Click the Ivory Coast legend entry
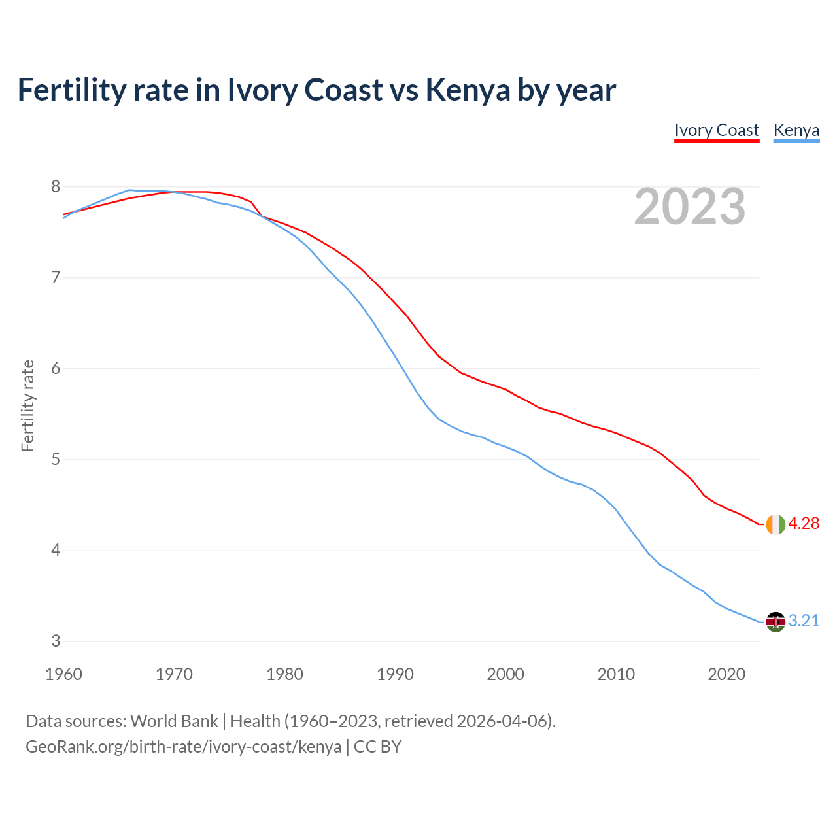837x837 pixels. tap(717, 130)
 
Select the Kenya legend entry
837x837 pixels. tap(796, 130)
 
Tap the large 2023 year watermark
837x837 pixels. tap(690, 207)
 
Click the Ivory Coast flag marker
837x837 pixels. tap(776, 524)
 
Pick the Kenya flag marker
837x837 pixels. tap(776, 621)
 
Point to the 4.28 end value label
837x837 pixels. tap(804, 524)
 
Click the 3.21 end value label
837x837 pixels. tap(804, 621)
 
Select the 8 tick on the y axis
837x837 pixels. tap(56, 187)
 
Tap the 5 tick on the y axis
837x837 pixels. tap(56, 460)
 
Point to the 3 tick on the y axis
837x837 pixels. tap(56, 641)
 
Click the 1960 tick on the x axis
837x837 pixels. tap(63, 674)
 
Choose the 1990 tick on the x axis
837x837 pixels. tap(395, 674)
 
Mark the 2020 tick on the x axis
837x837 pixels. tap(726, 674)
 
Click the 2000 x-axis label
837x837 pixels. tap(505, 674)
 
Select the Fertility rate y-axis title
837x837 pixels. tap(27, 405)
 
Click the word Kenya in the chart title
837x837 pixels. tap(468, 90)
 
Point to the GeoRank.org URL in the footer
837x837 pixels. tap(183, 747)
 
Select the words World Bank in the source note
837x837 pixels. tap(174, 721)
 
